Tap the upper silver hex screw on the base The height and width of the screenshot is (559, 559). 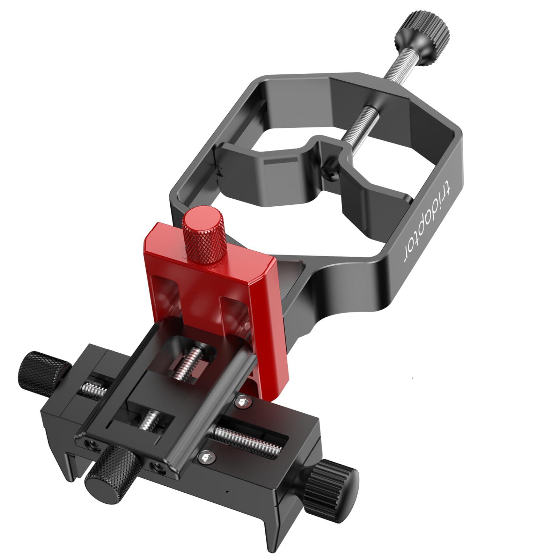click(243, 403)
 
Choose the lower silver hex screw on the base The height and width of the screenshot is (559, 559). click(206, 457)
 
